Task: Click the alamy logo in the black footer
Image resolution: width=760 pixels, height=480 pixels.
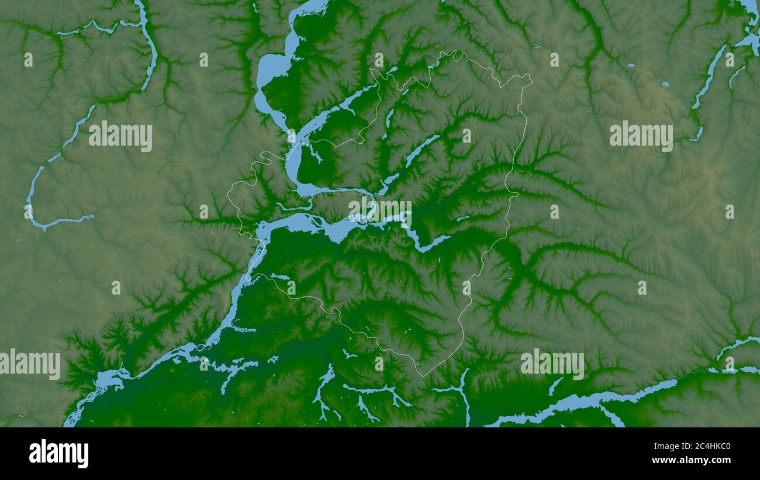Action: click(x=58, y=454)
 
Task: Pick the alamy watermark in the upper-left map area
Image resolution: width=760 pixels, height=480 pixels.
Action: click(x=120, y=136)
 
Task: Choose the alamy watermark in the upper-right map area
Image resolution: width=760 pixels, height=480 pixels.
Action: click(x=641, y=136)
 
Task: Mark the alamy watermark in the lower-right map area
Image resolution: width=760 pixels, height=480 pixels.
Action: click(x=552, y=364)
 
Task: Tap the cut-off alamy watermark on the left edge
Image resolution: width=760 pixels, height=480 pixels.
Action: click(x=30, y=364)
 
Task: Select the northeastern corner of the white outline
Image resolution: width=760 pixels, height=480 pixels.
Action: click(x=530, y=78)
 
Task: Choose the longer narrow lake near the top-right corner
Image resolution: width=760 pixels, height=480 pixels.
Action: click(x=709, y=76)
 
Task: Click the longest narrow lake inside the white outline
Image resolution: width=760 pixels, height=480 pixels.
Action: click(x=421, y=149)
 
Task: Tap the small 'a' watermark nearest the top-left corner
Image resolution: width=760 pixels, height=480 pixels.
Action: click(x=28, y=60)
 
